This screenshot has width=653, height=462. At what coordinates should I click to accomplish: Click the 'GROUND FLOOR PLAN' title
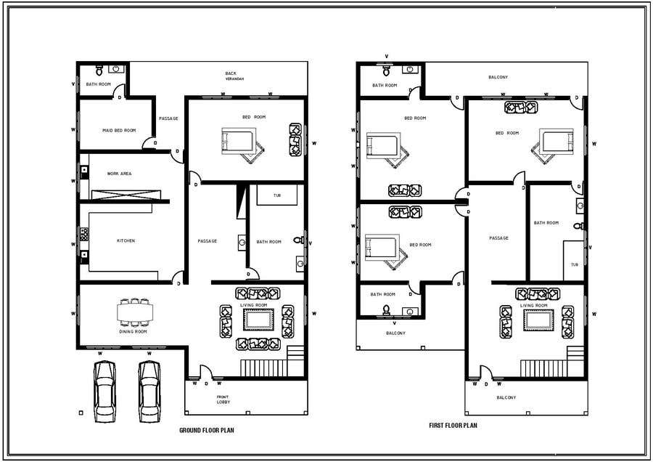tap(207, 430)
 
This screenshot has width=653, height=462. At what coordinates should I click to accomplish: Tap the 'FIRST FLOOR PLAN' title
tap(453, 425)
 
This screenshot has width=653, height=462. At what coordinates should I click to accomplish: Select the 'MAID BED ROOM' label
tap(119, 131)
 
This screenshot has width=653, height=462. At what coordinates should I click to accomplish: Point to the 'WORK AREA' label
tap(120, 174)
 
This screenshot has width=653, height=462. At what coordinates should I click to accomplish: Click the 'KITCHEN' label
tap(126, 240)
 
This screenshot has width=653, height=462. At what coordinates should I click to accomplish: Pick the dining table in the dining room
tap(135, 312)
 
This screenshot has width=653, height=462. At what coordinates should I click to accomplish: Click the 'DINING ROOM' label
tap(133, 331)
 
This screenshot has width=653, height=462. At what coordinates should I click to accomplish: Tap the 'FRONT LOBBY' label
tap(223, 400)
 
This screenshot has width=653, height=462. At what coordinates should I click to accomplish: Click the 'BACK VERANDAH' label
tap(234, 76)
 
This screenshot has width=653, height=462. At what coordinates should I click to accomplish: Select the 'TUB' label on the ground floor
tap(277, 195)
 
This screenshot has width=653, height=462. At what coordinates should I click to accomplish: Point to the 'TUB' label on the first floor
tap(575, 264)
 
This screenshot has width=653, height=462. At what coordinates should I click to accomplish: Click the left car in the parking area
tap(104, 392)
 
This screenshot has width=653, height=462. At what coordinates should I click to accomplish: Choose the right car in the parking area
tap(149, 392)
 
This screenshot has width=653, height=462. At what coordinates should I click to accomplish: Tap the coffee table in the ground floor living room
tap(258, 320)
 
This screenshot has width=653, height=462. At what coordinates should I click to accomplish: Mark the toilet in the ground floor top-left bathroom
tap(99, 70)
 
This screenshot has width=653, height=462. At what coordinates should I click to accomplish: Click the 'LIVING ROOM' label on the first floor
tap(533, 306)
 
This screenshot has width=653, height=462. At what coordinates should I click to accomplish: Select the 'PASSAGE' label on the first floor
tap(498, 238)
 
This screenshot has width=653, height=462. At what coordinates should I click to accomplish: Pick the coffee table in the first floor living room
tap(538, 320)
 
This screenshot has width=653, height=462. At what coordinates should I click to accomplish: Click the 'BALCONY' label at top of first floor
tap(498, 77)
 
